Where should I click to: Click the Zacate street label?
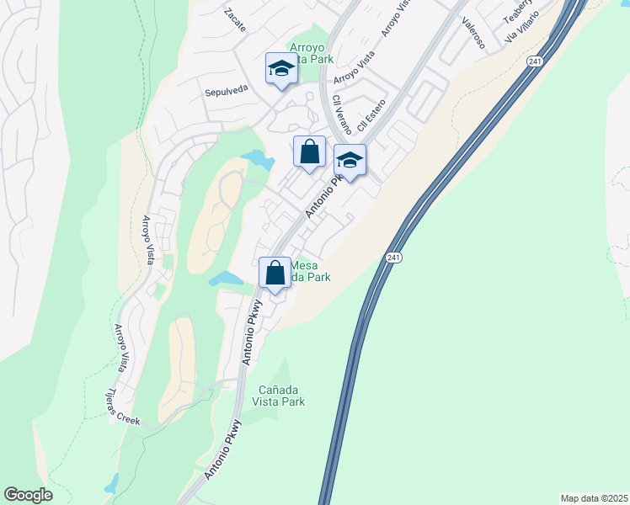pyautogui.click(x=235, y=20)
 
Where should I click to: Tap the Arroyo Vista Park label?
pyautogui.click(x=312, y=52)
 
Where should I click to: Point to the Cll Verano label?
pyautogui.click(x=342, y=115)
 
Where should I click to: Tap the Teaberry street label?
pyautogui.click(x=517, y=11)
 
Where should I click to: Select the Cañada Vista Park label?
pyautogui.click(x=281, y=396)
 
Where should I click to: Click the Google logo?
pyautogui.click(x=28, y=495)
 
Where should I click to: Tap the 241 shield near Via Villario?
pyautogui.click(x=535, y=61)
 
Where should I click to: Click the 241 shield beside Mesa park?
pyautogui.click(x=393, y=258)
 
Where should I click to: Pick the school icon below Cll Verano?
pyautogui.click(x=350, y=158)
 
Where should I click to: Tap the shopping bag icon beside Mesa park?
pyautogui.click(x=275, y=273)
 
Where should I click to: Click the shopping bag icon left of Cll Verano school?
pyautogui.click(x=309, y=151)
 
